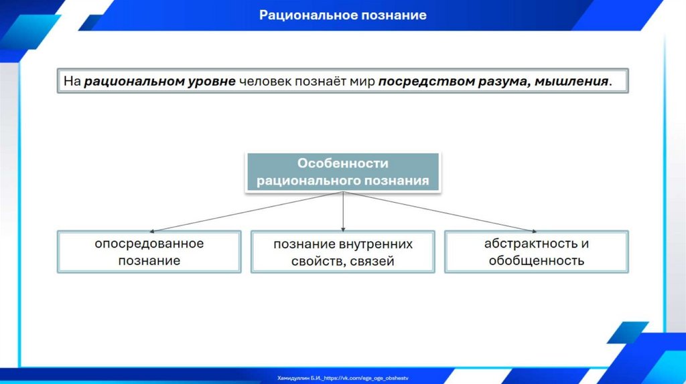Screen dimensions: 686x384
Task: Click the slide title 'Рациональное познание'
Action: pyautogui.click(x=343, y=15)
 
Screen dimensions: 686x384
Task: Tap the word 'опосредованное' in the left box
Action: pyautogui.click(x=149, y=244)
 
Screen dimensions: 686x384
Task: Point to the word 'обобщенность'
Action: pyautogui.click(x=536, y=260)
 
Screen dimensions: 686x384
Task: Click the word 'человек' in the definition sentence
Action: pyautogui.click(x=263, y=82)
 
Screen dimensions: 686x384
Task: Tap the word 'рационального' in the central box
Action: pyautogui.click(x=309, y=181)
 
